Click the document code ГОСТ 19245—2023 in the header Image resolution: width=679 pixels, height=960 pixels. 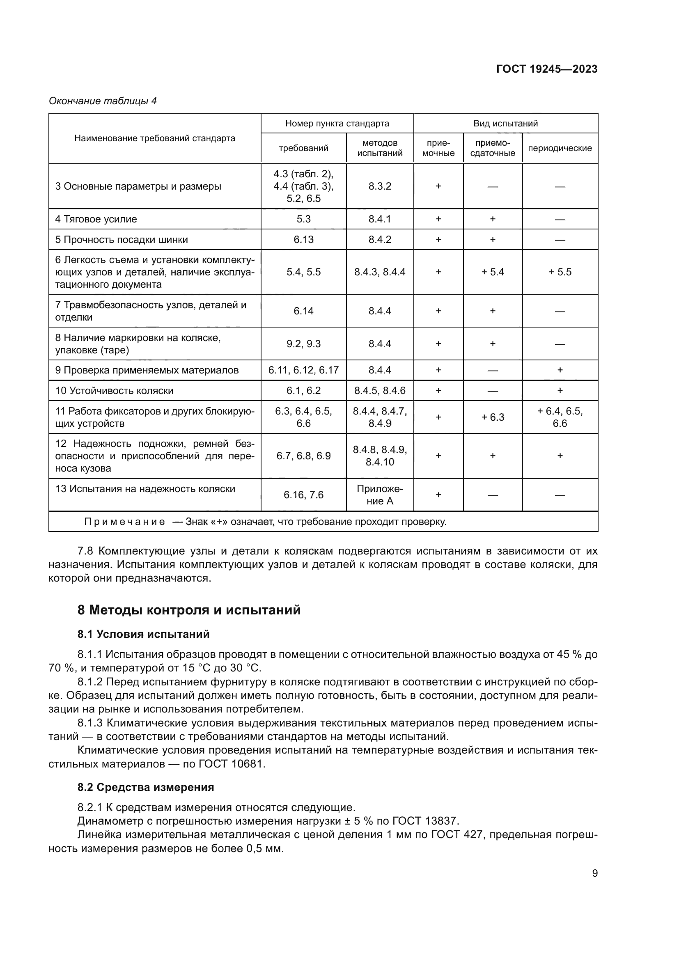point(547,69)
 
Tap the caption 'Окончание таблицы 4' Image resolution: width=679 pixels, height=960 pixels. point(103,101)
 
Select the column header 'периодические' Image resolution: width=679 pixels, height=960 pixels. point(560,149)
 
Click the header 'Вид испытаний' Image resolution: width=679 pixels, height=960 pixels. point(505,124)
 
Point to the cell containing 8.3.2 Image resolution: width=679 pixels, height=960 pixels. point(380,186)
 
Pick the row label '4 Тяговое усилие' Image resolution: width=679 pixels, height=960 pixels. point(96,220)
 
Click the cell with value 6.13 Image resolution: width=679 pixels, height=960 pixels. point(303,240)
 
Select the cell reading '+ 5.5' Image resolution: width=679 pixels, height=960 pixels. point(560,273)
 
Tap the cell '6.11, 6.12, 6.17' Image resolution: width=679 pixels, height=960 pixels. point(303,371)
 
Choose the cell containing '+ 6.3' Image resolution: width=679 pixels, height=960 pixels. point(493,418)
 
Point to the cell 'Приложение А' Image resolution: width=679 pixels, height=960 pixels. point(380,495)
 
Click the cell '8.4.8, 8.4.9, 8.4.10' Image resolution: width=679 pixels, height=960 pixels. point(380,456)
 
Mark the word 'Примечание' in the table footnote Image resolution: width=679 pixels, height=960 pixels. point(125,522)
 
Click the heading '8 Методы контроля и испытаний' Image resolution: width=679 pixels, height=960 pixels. point(189,610)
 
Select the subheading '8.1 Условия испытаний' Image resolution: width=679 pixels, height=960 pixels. point(143,635)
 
